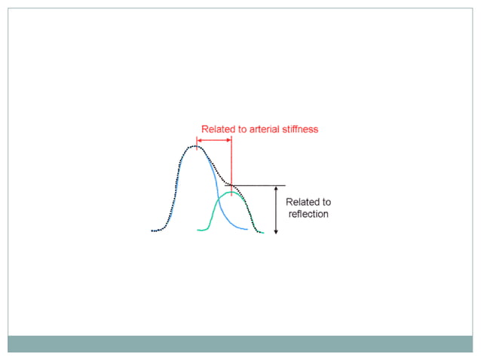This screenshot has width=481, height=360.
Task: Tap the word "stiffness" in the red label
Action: pos(299,129)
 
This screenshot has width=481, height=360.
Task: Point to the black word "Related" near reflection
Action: pos(308,202)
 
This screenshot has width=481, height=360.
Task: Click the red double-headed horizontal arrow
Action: pos(214,139)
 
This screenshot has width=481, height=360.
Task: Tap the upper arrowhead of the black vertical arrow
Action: pos(276,189)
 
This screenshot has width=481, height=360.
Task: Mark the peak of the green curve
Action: pos(231,193)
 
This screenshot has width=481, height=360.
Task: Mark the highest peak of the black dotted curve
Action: pos(195,145)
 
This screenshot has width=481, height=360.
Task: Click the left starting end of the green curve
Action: pos(198,230)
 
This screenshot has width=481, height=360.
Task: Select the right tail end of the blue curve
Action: pos(247,230)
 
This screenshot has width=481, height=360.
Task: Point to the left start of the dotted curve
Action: pos(152,230)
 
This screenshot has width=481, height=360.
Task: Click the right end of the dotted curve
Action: pos(263,232)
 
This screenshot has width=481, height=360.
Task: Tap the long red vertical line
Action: pos(231,162)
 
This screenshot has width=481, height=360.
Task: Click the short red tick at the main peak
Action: pos(197,143)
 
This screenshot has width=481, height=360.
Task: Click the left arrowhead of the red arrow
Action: pos(199,139)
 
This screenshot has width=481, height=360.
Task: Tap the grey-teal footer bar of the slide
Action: pos(240,343)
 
